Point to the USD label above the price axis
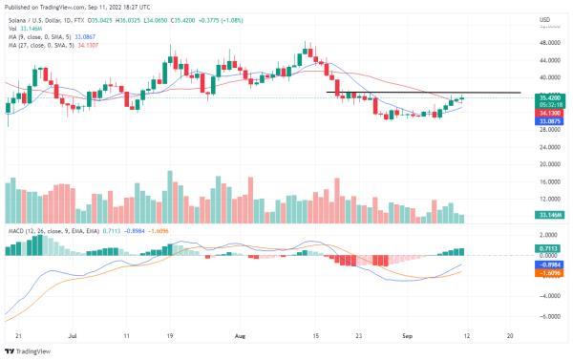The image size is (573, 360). pyautogui.click(x=545, y=19)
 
